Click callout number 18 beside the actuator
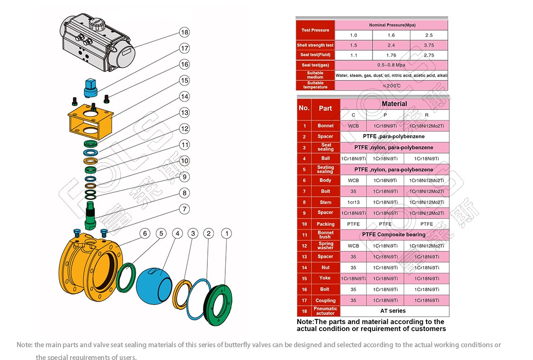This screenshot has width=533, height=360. click(x=184, y=32)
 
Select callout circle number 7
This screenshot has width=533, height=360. click(x=184, y=209)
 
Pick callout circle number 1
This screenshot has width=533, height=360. click(x=227, y=233)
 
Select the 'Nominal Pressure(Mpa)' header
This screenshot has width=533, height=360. click(x=391, y=25)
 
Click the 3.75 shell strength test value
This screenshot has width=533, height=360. click(x=428, y=45)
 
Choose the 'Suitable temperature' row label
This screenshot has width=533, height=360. click(x=315, y=85)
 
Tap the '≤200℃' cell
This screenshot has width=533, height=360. click(x=391, y=85)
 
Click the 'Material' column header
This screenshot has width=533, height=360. click(x=394, y=104)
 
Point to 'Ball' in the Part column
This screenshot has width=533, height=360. click(x=325, y=159)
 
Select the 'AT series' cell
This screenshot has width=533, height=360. click(x=393, y=311)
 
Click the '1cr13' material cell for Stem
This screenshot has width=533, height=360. click(x=353, y=202)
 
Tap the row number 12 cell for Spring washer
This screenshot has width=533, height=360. click(x=304, y=246)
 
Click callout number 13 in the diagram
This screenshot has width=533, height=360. click(x=184, y=112)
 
